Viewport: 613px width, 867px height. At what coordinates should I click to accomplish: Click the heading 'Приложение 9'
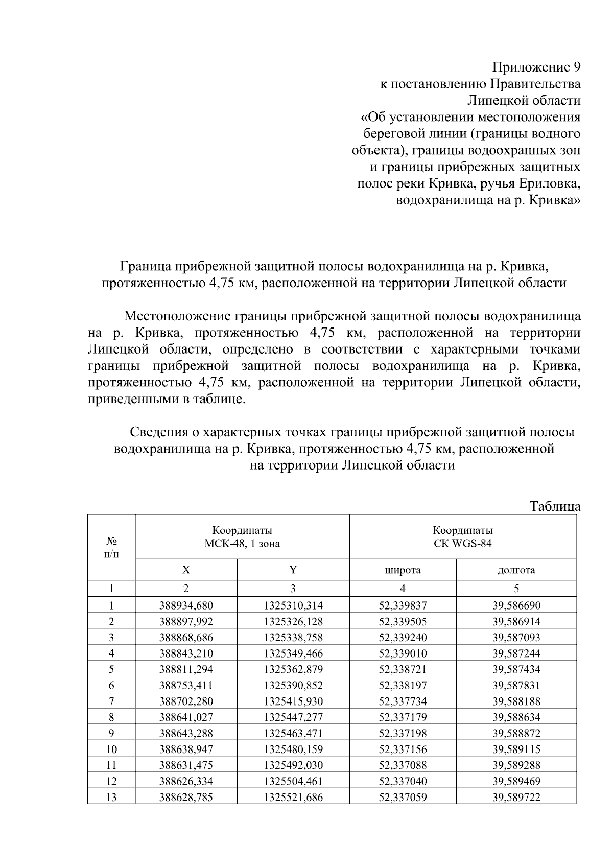(x=536, y=67)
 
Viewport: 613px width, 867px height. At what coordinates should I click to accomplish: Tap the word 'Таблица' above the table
(x=555, y=506)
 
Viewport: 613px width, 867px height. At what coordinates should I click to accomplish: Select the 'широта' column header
(x=403, y=570)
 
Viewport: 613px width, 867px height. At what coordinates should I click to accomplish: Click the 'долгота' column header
(x=516, y=570)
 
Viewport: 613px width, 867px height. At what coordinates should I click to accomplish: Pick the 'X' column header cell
(x=186, y=570)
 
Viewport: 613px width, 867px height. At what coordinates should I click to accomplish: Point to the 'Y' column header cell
(x=293, y=570)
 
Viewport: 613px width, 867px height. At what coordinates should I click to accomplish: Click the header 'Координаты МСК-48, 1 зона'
(x=242, y=537)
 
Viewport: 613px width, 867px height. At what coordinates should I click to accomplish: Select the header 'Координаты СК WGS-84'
(x=462, y=537)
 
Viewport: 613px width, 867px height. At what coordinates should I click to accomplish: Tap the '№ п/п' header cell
(x=111, y=547)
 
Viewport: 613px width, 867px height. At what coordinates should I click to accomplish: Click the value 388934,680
(x=186, y=606)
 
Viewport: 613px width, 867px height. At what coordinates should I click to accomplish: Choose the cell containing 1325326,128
(x=293, y=622)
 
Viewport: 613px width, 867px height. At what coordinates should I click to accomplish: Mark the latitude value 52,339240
(x=403, y=638)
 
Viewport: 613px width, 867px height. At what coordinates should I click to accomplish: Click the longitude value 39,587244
(x=516, y=653)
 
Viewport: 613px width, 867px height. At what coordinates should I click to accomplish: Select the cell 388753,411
(x=186, y=685)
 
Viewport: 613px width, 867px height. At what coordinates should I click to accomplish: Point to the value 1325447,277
(x=293, y=717)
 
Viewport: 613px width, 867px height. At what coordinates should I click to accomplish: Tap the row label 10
(x=111, y=749)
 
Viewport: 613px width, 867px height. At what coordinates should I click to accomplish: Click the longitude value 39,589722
(x=516, y=797)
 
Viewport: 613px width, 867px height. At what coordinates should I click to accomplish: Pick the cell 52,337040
(x=403, y=781)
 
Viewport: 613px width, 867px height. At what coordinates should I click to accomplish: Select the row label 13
(x=111, y=797)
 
